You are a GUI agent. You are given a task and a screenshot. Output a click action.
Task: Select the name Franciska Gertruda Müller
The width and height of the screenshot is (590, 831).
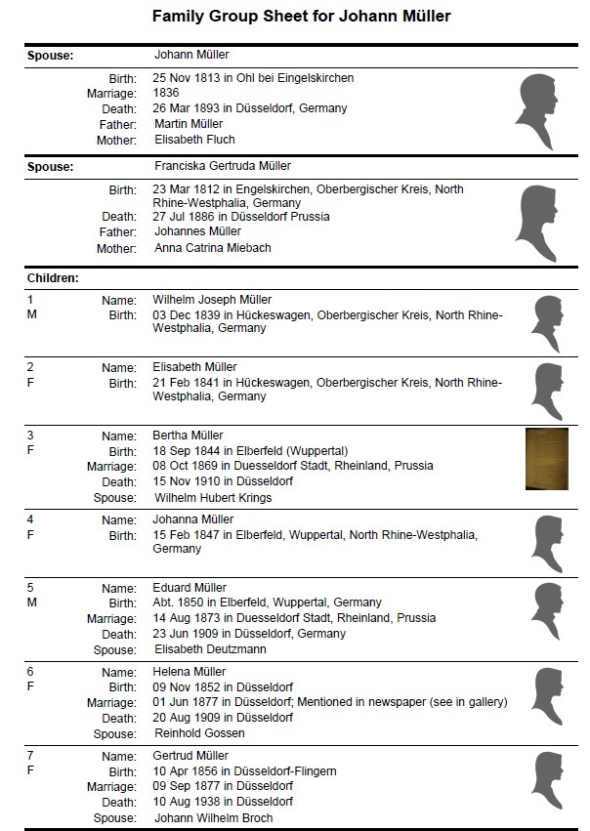223,166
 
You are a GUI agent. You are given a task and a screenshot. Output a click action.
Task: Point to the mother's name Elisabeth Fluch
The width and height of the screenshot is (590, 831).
194,140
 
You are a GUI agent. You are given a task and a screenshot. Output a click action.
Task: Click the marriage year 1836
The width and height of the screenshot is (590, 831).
166,93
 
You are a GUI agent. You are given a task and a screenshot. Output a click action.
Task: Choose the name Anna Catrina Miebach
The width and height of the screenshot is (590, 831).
213,248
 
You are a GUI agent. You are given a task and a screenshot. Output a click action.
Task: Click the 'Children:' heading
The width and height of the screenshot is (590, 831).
53,278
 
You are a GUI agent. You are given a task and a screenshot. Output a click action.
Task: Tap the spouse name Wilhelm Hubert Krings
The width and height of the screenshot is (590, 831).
213,497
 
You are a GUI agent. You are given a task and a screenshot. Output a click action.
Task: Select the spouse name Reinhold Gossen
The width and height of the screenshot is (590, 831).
199,733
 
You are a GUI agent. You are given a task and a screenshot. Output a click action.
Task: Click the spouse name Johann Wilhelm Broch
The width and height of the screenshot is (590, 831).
213,818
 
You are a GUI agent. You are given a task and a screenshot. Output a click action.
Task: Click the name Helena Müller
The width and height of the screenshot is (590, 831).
190,672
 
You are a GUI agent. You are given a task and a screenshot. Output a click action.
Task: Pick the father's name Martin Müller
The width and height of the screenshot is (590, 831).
189,124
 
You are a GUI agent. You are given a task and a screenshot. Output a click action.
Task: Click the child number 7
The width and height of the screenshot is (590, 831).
30,756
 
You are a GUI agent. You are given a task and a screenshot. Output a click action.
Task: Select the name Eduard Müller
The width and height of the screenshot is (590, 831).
190,588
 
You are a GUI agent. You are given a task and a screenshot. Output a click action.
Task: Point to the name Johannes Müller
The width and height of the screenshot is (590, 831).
197,231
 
